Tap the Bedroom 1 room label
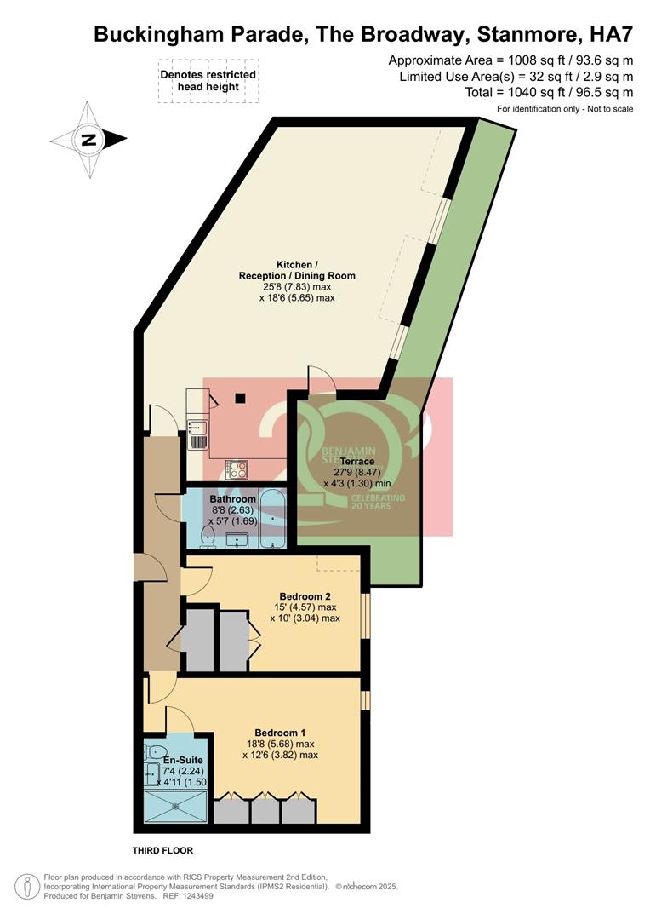pyautogui.click(x=280, y=733)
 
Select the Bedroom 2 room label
pyautogui.click(x=305, y=596)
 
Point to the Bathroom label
pyautogui.click(x=232, y=499)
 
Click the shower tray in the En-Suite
pyautogui.click(x=176, y=804)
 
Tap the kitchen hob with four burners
pyautogui.click(x=237, y=469)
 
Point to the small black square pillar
pyautogui.click(x=241, y=397)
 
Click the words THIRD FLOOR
pyautogui.click(x=162, y=851)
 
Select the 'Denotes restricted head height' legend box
pyautogui.click(x=208, y=81)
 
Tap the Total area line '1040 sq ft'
pyautogui.click(x=549, y=92)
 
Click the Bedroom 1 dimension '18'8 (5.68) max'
pyautogui.click(x=280, y=744)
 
